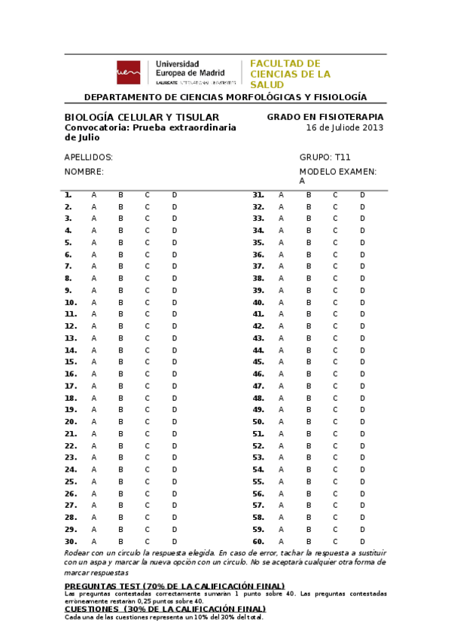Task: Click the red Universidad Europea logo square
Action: coord(128,72)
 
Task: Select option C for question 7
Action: coord(148,266)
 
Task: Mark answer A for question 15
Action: coord(94,362)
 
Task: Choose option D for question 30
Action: coord(174,541)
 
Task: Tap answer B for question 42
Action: coord(308,326)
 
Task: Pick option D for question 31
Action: coord(362,194)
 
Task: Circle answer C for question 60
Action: coord(335,541)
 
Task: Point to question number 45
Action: coord(258,362)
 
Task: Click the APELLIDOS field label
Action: coord(89,157)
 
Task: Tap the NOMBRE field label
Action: coord(84,172)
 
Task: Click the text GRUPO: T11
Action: coord(325,157)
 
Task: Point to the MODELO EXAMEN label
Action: coord(337,172)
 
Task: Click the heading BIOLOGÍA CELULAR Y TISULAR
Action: coord(142,118)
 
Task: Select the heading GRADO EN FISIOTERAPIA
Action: coord(325,117)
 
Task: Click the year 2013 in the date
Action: coord(373,127)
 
